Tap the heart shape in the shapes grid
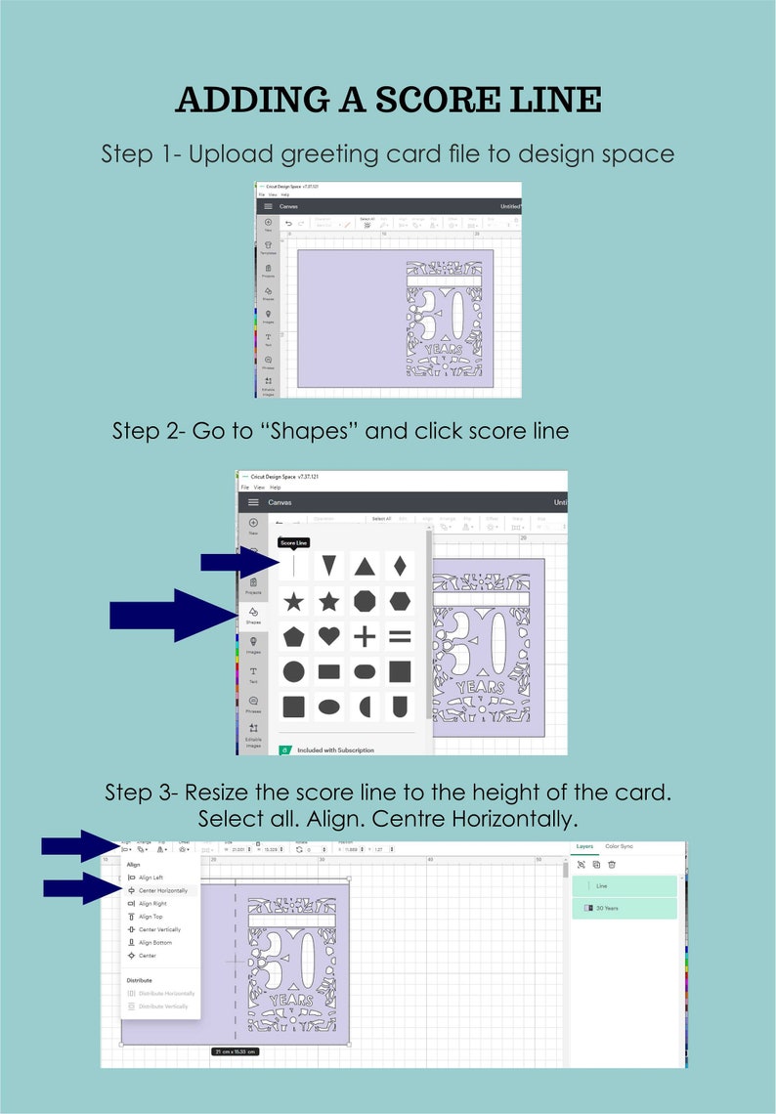(x=329, y=636)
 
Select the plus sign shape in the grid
(x=365, y=636)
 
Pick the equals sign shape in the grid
(x=400, y=636)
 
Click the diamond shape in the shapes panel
(x=400, y=566)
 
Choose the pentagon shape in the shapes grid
(x=294, y=636)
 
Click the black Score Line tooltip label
(x=293, y=542)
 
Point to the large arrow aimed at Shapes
(x=172, y=615)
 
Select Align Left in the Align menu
(x=151, y=878)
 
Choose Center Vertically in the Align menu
(x=158, y=929)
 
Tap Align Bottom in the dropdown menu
(x=154, y=942)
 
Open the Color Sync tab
(x=619, y=846)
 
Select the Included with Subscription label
(x=334, y=750)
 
